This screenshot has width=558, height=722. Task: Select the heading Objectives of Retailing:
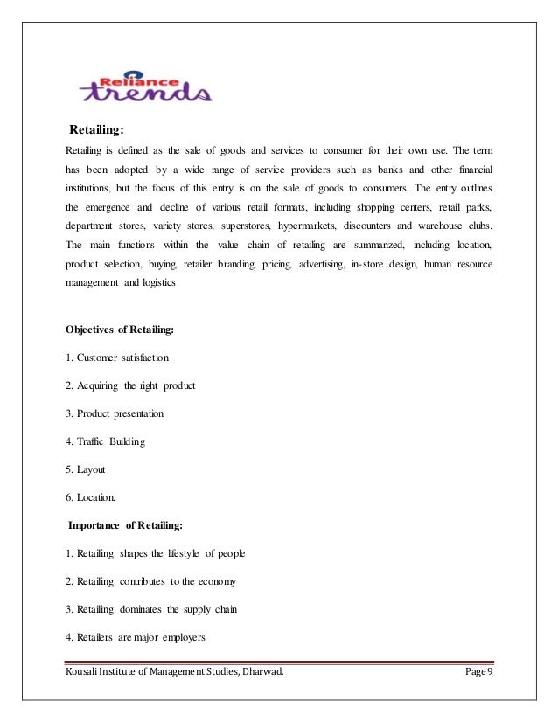pyautogui.click(x=120, y=330)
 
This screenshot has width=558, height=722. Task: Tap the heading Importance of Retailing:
pyautogui.click(x=124, y=526)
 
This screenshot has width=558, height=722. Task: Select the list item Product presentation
pyautogui.click(x=115, y=413)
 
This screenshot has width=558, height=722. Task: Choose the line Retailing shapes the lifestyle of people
pyautogui.click(x=156, y=553)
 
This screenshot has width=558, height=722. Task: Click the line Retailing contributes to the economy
pyautogui.click(x=150, y=581)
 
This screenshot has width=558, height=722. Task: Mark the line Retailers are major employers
pyautogui.click(x=135, y=637)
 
